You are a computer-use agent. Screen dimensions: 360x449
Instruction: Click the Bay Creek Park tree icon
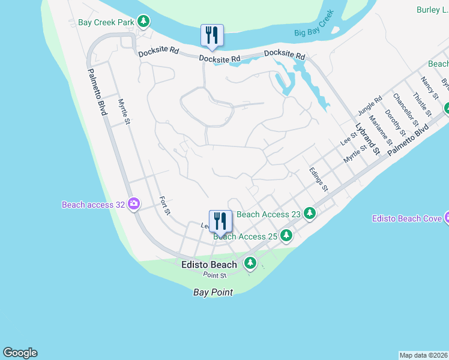(x=143, y=22)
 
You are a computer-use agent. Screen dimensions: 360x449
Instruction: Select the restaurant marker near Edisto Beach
(x=220, y=221)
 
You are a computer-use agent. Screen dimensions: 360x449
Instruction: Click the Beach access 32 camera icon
(x=133, y=205)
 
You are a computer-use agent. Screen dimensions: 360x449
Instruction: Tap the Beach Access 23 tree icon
(x=309, y=213)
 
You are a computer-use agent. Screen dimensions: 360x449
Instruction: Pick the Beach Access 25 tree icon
(x=286, y=236)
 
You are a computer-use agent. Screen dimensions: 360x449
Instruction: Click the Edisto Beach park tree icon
(x=249, y=263)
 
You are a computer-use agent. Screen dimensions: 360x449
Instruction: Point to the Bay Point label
(x=212, y=292)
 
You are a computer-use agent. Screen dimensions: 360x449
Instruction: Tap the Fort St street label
(x=165, y=205)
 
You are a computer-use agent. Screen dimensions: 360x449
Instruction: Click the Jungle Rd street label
(x=370, y=108)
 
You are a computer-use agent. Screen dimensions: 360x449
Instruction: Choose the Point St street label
(x=214, y=275)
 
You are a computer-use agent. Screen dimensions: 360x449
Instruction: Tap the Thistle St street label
(x=422, y=104)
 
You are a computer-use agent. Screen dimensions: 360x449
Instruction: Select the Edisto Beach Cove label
(x=407, y=218)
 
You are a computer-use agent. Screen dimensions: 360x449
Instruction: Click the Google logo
(x=20, y=353)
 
